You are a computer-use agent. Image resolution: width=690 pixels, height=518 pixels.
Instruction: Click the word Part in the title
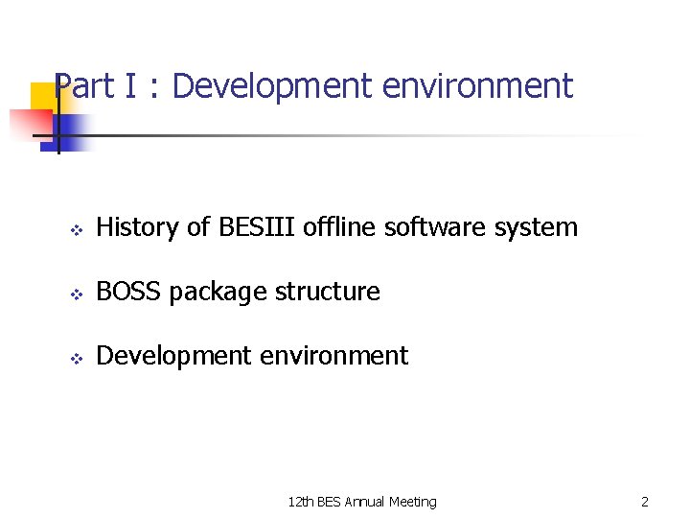tap(84, 86)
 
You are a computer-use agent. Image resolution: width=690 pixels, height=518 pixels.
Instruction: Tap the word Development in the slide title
tap(273, 86)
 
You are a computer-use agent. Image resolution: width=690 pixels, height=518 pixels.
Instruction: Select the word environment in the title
tap(476, 86)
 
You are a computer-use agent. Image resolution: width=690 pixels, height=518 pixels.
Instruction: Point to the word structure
tap(324, 292)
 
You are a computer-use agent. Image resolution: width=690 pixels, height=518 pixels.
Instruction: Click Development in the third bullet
tap(172, 356)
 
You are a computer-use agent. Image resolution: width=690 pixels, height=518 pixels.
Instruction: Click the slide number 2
tap(645, 502)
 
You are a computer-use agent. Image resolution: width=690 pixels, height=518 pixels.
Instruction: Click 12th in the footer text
tap(301, 502)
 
